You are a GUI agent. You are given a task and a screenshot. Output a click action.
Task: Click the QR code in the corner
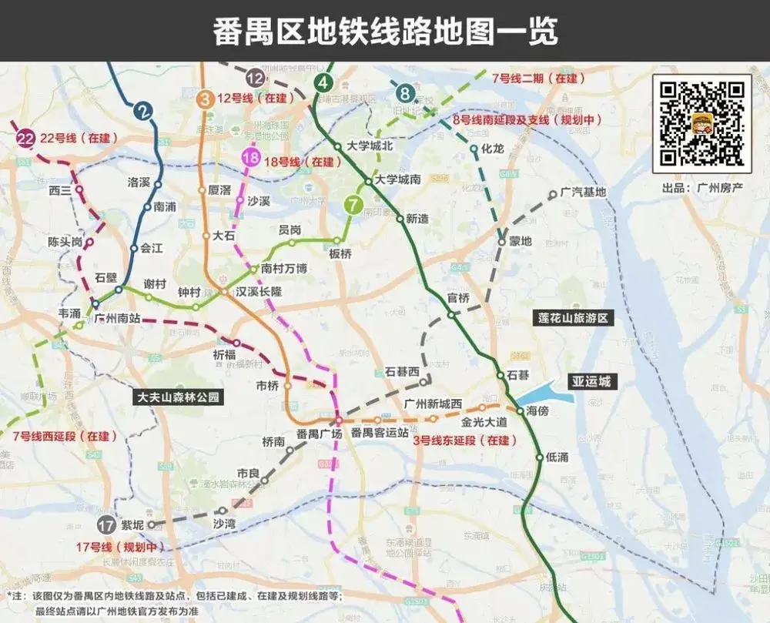(701, 123)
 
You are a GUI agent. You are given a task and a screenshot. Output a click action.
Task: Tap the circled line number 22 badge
(26, 138)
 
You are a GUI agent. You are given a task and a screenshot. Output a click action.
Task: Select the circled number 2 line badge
(142, 111)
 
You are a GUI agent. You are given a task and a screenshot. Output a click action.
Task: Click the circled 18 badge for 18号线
(251, 159)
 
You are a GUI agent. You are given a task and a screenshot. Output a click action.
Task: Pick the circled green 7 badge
(353, 205)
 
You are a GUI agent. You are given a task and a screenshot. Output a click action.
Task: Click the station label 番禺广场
(319, 434)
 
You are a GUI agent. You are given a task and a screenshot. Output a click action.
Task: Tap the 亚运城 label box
(589, 381)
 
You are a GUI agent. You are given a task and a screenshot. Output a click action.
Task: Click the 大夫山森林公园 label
(178, 398)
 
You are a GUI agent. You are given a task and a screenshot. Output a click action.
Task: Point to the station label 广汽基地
(583, 193)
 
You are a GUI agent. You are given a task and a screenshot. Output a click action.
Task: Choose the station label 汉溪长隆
(258, 293)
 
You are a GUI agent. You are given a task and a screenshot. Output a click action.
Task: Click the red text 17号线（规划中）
(120, 548)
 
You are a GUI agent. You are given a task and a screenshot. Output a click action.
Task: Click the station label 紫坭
(132, 526)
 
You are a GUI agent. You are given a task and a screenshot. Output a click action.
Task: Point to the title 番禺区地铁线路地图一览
(385, 31)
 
